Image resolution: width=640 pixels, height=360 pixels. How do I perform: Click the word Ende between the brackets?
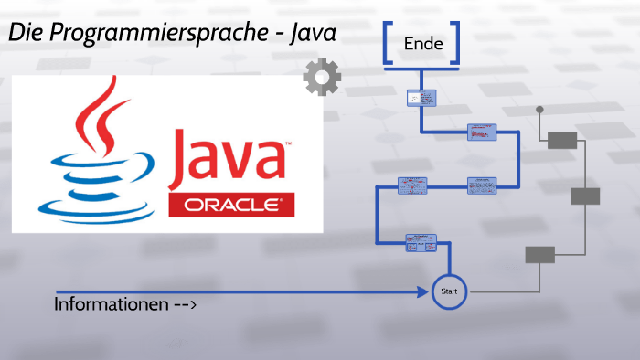[x=422, y=42]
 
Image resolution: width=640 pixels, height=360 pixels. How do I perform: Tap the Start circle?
[x=449, y=291]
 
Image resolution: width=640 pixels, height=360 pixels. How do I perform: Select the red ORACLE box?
[x=232, y=205]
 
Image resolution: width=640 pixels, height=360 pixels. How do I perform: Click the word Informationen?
[x=111, y=303]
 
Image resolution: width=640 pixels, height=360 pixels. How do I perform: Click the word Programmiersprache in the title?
[x=162, y=32]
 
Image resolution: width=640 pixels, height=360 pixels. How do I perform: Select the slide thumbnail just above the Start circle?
[x=421, y=242]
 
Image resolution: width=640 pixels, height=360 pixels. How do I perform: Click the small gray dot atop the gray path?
[x=539, y=110]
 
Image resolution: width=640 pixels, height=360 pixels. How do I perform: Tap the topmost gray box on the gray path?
[x=561, y=140]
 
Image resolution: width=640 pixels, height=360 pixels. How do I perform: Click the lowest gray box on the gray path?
[x=539, y=255]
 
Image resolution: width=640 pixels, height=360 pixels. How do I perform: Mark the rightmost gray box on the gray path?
[x=584, y=196]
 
